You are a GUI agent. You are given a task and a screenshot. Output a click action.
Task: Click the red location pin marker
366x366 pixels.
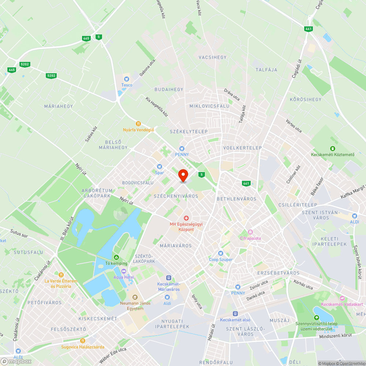[183, 175]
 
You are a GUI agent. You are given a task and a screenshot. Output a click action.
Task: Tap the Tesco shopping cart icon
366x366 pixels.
[127, 78]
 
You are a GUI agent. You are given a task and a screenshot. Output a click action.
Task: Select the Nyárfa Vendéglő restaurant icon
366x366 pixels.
[138, 123]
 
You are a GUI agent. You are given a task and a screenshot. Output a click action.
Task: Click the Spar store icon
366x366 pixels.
[159, 167]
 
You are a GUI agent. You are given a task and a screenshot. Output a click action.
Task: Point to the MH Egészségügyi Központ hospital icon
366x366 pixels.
[186, 218]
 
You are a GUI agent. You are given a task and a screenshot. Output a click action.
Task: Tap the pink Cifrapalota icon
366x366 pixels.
[250, 232]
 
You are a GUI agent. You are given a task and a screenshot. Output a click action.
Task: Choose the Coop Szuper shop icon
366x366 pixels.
[221, 253]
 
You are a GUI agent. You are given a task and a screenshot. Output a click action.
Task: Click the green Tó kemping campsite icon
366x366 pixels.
[116, 257]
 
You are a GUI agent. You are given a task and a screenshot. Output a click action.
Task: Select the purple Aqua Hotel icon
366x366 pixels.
[123, 271]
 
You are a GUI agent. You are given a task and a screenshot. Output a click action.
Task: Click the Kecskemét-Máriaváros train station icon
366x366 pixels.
[168, 278]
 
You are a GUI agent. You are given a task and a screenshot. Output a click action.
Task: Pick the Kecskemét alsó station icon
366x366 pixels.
[235, 314]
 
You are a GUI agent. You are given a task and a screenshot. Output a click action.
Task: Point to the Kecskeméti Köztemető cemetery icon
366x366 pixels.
[333, 148]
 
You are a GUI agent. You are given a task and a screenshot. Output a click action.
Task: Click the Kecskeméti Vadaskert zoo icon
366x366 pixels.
[342, 299]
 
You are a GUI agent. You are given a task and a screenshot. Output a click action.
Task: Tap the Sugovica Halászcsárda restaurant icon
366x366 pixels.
[82, 341]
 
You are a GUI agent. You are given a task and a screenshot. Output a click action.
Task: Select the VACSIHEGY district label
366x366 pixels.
[213, 57]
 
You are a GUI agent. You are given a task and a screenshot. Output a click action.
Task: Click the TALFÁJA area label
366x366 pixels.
[266, 70]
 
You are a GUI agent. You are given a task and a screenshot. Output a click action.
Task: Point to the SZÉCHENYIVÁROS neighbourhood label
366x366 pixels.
[176, 196]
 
